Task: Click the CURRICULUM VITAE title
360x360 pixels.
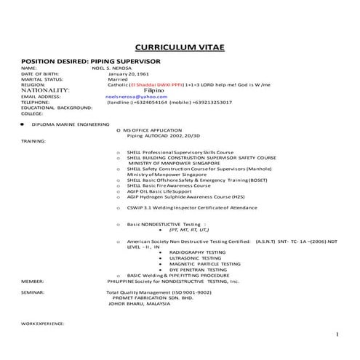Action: click(x=180, y=47)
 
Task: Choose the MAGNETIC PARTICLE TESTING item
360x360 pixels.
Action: click(x=199, y=264)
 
